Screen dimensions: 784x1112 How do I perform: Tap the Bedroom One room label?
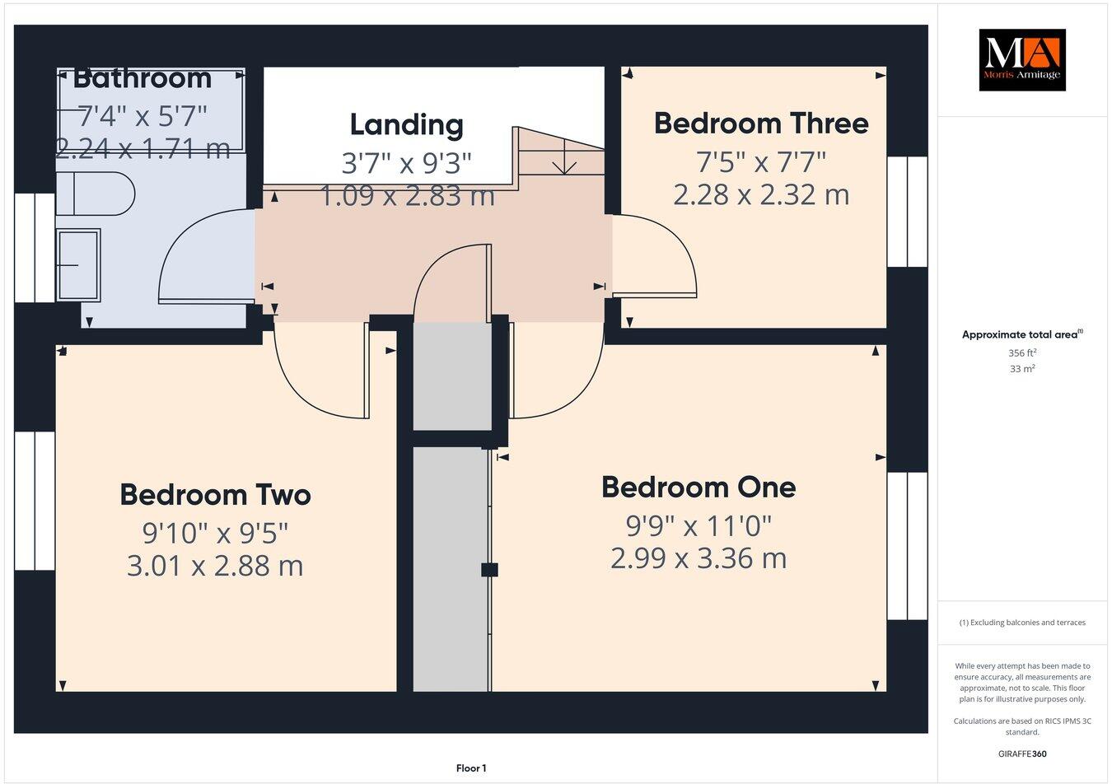(699, 487)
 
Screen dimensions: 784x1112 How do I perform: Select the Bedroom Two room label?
(215, 495)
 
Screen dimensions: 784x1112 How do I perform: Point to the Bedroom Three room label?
(761, 124)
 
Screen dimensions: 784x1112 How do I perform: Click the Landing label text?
(406, 125)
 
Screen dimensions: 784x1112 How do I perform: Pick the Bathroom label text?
(143, 79)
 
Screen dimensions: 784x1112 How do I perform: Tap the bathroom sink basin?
(78, 264)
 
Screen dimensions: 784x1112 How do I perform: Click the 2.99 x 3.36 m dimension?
(699, 558)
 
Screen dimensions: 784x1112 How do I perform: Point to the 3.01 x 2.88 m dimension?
(215, 566)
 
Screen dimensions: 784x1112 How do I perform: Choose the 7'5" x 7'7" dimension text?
(761, 161)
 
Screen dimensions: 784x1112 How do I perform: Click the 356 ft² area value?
(1021, 352)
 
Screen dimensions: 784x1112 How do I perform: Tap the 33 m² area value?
(1021, 369)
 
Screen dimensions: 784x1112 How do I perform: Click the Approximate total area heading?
(1021, 334)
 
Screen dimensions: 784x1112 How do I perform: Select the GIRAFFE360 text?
(1021, 754)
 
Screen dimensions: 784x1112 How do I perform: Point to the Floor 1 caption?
(471, 768)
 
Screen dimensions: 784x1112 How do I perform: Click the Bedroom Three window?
(907, 211)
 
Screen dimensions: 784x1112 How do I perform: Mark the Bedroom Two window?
(35, 500)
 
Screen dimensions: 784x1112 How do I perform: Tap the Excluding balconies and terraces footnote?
(1021, 623)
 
